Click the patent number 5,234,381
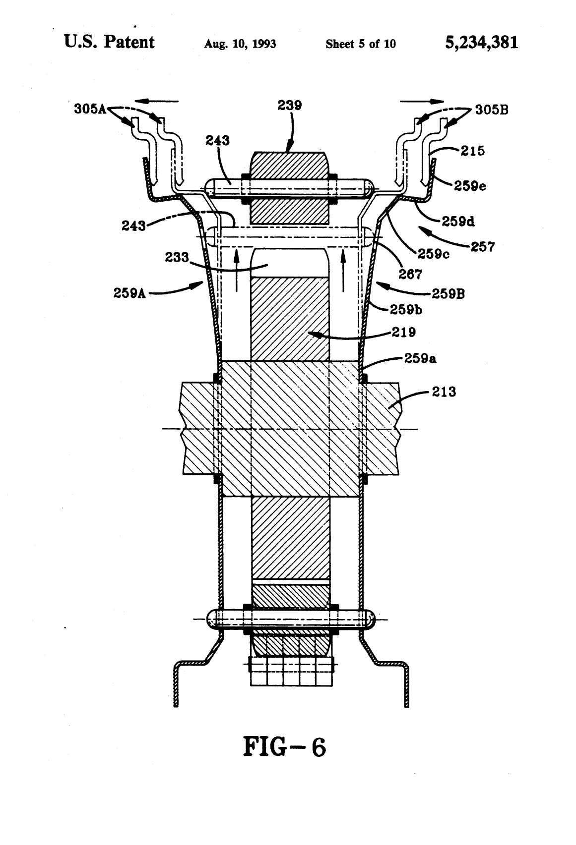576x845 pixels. pyautogui.click(x=481, y=43)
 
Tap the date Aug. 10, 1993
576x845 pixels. pyautogui.click(x=240, y=44)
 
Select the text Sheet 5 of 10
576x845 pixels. pyautogui.click(x=361, y=44)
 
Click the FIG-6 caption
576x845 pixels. pyautogui.click(x=284, y=747)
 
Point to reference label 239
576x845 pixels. pyautogui.click(x=290, y=106)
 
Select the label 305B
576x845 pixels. pyautogui.click(x=492, y=110)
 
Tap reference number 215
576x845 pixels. pyautogui.click(x=472, y=151)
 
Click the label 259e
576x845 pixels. pyautogui.click(x=470, y=186)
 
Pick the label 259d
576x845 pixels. pyautogui.click(x=458, y=221)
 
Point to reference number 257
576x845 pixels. pyautogui.click(x=483, y=246)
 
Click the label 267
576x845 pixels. pyautogui.click(x=410, y=274)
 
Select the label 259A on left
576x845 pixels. pyautogui.click(x=129, y=293)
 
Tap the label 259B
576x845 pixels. pyautogui.click(x=448, y=294)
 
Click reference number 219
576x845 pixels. pyautogui.click(x=404, y=332)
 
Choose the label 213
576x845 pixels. pyautogui.click(x=444, y=392)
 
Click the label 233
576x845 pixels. pyautogui.click(x=177, y=257)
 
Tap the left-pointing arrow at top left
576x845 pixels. pyautogui.click(x=162, y=102)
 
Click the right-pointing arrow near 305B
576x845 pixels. pyautogui.click(x=422, y=102)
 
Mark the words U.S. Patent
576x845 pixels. pyautogui.click(x=109, y=42)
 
